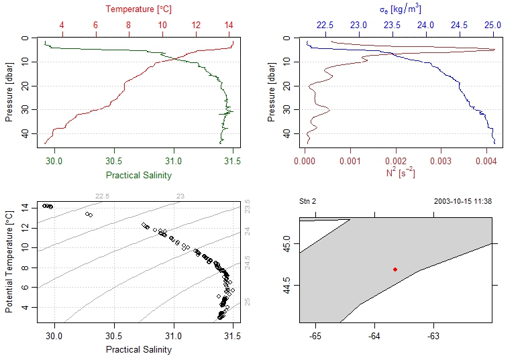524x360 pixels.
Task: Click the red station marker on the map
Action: [x=395, y=269]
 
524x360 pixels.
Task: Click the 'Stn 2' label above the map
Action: [x=307, y=201]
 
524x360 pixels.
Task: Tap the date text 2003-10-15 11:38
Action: [x=462, y=201]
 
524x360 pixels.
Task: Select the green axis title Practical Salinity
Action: [x=138, y=176]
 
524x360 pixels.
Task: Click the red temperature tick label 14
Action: [x=229, y=25]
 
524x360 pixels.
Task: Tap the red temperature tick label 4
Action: [x=62, y=25]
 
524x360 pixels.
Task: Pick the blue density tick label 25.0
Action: [x=493, y=25]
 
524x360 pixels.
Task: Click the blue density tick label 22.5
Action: [x=324, y=25]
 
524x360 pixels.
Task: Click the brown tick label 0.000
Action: [x=305, y=161]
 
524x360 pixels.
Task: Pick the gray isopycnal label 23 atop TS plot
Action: [x=180, y=196]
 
